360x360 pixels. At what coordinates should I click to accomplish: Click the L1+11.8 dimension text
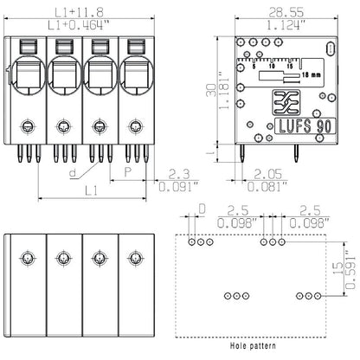[78, 12]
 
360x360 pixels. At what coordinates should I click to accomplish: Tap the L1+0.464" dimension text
[78, 25]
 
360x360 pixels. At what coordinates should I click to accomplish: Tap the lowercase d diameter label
[67, 172]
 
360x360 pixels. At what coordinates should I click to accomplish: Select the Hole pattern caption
[256, 344]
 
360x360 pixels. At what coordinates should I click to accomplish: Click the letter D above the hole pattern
[202, 209]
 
